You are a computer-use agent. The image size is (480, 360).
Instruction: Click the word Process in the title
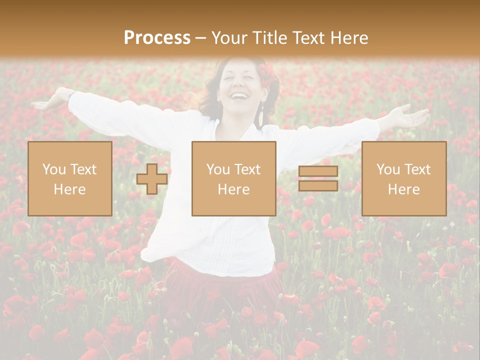pos(157,38)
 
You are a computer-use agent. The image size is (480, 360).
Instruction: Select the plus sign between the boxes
pos(152,179)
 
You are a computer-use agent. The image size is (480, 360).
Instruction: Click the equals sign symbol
pos(318,178)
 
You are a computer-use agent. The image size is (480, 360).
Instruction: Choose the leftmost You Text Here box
pos(69,178)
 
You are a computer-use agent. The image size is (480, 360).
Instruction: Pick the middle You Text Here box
pos(233,178)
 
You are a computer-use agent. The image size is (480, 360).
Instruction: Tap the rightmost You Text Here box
pos(403,178)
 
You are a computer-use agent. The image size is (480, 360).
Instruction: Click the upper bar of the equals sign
pos(318,171)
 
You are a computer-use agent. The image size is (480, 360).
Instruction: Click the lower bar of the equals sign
pos(318,185)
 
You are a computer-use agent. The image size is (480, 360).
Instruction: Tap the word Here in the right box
pos(403,189)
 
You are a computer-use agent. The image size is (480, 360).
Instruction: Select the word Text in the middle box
pos(247,169)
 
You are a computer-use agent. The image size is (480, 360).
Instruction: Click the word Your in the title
pos(229,38)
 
